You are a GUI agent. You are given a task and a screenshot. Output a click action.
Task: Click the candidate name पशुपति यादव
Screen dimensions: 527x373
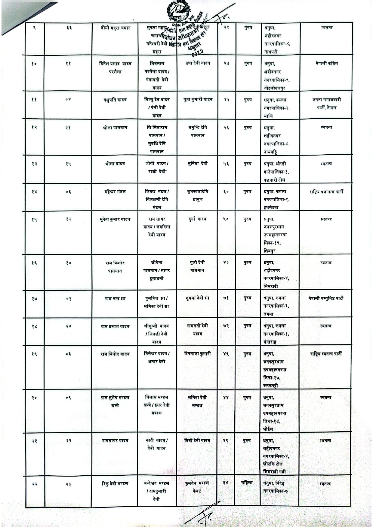click(x=115, y=100)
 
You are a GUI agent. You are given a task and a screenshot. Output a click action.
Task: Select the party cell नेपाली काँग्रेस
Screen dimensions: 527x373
click(x=326, y=64)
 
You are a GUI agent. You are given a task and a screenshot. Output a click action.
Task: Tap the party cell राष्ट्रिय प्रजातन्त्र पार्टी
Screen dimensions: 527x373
click(x=326, y=192)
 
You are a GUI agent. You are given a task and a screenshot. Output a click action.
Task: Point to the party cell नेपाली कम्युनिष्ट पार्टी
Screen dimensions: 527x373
click(x=325, y=298)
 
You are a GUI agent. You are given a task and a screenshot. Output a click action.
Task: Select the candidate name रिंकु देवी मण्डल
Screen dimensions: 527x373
click(x=115, y=483)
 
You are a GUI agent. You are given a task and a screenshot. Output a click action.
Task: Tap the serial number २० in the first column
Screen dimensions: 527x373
click(x=34, y=398)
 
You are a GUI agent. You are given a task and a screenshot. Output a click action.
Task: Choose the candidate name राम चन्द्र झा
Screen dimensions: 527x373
click(x=115, y=298)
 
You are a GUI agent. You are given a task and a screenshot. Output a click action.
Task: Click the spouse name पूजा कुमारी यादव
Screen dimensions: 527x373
click(x=197, y=100)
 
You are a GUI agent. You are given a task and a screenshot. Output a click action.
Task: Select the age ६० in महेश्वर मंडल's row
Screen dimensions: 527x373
click(x=226, y=192)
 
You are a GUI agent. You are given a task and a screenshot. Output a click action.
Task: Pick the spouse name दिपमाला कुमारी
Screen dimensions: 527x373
click(x=197, y=354)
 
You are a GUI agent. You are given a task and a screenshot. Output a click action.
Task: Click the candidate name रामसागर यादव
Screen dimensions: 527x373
click(x=115, y=441)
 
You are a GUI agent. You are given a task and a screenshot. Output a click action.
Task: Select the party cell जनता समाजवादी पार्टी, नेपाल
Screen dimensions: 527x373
click(x=326, y=104)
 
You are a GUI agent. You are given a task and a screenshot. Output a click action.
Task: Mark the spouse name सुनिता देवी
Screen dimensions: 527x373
click(x=197, y=164)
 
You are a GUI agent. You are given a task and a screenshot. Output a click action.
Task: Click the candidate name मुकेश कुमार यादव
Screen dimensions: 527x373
click(x=115, y=220)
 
